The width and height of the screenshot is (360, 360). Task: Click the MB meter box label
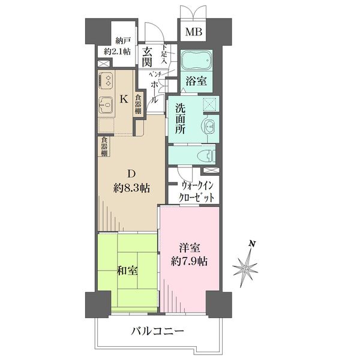(x=194, y=32)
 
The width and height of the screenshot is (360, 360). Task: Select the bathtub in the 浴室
(x=196, y=61)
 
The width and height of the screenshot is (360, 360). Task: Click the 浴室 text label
(x=196, y=80)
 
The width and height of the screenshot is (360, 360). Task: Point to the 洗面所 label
(x=180, y=118)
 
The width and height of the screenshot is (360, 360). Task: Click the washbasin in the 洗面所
(x=209, y=125)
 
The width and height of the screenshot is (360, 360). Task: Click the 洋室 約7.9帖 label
(x=189, y=254)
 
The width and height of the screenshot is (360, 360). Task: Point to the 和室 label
(x=127, y=271)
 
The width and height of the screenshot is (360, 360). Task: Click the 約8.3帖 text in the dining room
(x=131, y=188)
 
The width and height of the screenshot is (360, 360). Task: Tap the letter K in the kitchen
(x=124, y=100)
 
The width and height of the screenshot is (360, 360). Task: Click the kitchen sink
(x=106, y=105)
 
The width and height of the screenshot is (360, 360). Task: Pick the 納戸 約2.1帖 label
(x=118, y=47)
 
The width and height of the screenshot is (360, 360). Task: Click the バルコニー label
(x=158, y=331)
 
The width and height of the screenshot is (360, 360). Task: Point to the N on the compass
(x=253, y=244)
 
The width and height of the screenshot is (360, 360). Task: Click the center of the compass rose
(x=245, y=269)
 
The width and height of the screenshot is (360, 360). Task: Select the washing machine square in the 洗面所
(x=210, y=104)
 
